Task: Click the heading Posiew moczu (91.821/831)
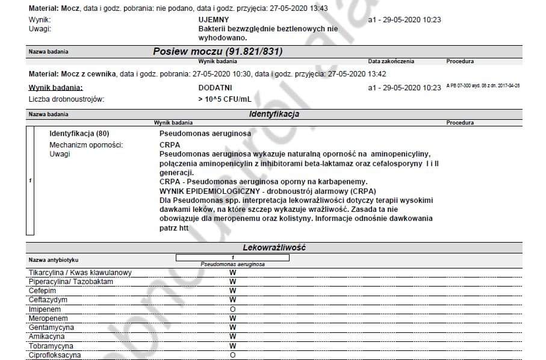click(x=217, y=52)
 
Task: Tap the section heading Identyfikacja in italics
click(x=274, y=114)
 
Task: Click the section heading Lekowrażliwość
click(x=274, y=247)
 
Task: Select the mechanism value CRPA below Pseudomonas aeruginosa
click(x=170, y=145)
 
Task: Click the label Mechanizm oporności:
click(x=86, y=145)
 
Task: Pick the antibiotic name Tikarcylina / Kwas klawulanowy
click(x=80, y=273)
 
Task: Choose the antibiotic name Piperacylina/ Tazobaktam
click(x=71, y=282)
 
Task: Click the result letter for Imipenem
click(x=232, y=309)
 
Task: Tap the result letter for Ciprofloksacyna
click(x=232, y=355)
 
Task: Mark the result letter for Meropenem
click(x=232, y=318)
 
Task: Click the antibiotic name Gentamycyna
click(x=52, y=327)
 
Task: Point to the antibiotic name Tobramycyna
click(x=51, y=346)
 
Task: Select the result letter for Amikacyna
click(x=232, y=337)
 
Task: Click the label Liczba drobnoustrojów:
click(x=67, y=99)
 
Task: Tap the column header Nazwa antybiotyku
click(x=54, y=260)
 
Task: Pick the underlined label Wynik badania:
click(x=56, y=88)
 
